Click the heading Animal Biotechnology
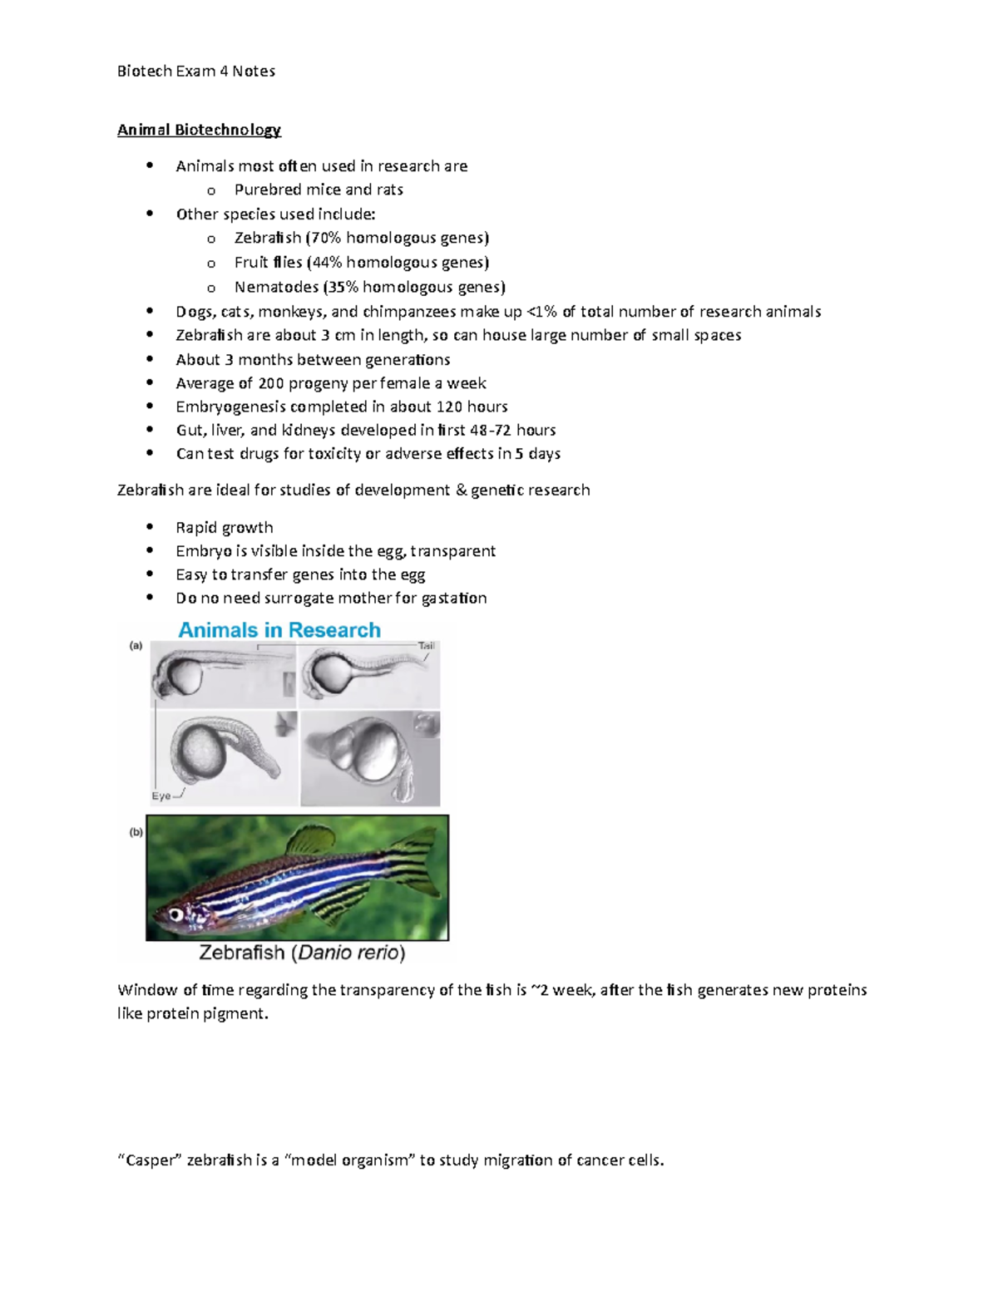click(199, 130)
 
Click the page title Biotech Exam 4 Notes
click(195, 71)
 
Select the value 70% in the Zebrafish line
click(325, 238)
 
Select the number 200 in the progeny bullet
click(271, 383)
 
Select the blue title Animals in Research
click(279, 630)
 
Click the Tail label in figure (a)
click(427, 646)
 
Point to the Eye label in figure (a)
click(161, 796)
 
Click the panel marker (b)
click(136, 832)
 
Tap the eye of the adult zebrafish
click(176, 914)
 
